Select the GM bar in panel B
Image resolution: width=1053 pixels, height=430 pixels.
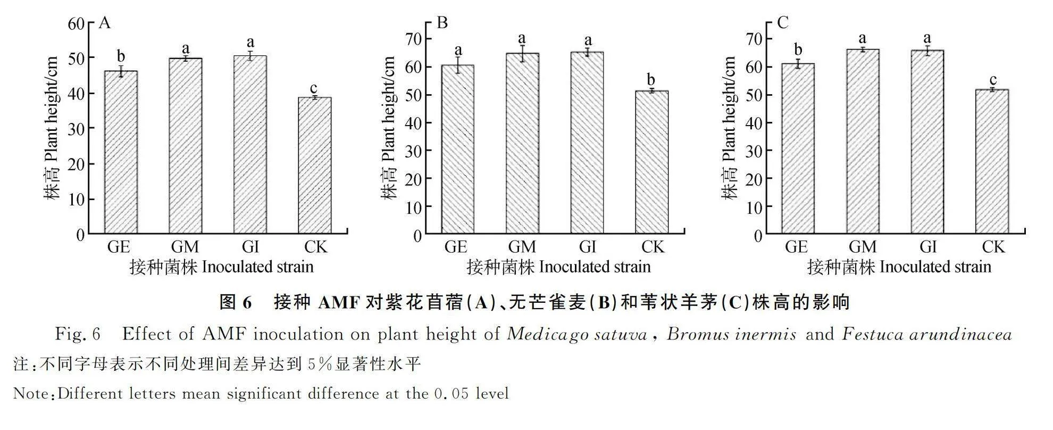click(x=522, y=144)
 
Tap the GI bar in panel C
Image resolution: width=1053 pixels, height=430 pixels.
click(x=927, y=142)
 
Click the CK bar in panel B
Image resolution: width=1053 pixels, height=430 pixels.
click(x=652, y=162)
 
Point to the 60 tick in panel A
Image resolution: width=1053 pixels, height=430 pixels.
click(x=77, y=23)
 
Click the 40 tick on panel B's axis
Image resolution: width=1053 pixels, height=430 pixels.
click(x=414, y=123)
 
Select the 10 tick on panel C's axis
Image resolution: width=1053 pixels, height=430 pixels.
click(x=754, y=207)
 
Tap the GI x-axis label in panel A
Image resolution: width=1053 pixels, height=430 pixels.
click(x=250, y=247)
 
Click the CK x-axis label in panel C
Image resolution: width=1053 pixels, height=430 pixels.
click(x=993, y=247)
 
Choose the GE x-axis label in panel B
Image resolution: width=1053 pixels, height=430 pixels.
click(x=456, y=247)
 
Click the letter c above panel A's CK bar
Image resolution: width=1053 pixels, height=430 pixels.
click(x=314, y=88)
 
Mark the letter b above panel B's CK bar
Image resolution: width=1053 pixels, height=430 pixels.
click(x=651, y=80)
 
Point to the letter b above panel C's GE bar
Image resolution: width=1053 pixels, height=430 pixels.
click(x=798, y=49)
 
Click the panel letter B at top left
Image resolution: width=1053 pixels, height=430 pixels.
click(x=442, y=23)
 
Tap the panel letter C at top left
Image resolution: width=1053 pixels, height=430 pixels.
click(x=782, y=23)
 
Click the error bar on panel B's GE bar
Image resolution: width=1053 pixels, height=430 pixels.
click(x=458, y=65)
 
